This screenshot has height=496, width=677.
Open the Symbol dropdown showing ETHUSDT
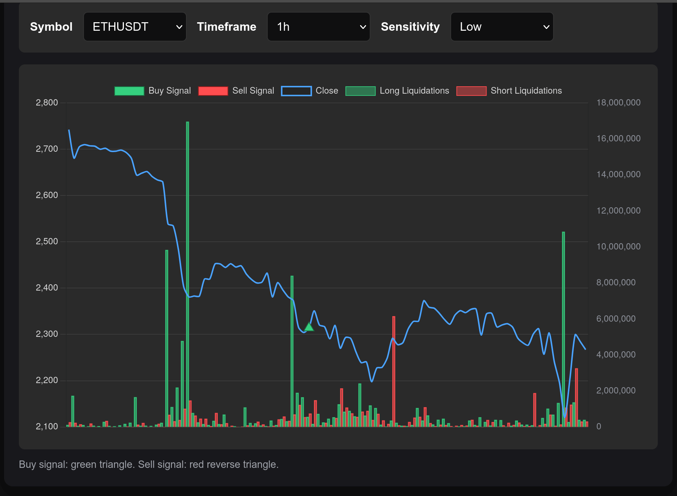pos(135,27)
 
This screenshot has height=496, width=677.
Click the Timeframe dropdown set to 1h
pos(318,27)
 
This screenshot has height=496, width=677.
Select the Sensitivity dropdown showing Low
pos(502,27)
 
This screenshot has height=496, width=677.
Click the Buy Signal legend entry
pos(153,91)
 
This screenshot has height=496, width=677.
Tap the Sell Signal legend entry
pos(236,91)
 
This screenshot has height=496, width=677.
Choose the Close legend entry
pos(309,91)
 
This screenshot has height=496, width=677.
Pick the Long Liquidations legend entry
pos(397,91)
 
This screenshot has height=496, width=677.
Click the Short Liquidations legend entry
pos(509,91)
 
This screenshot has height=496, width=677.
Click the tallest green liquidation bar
pos(187,274)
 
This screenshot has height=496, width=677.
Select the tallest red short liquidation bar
pos(394,370)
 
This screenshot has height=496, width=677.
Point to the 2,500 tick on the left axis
pos(47,241)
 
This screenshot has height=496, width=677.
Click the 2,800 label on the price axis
pos(47,103)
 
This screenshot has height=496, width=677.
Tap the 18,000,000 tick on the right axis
pos(618,103)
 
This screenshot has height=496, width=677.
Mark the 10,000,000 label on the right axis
pos(618,247)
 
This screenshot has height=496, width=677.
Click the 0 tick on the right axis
pos(599,426)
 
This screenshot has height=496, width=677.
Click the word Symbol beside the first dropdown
pos(51,27)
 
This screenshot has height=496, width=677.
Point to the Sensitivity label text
pos(410,27)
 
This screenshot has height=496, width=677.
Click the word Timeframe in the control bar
pos(226,27)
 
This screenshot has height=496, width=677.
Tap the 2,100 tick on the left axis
pos(47,426)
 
